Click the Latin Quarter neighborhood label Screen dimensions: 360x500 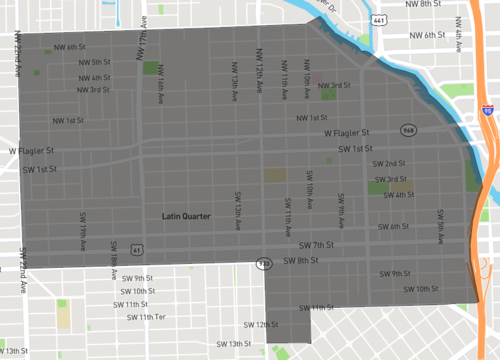pos(181,216)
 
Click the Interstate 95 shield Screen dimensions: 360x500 pos(486,112)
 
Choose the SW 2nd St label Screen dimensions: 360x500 pos(388,163)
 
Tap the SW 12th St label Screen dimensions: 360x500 pos(260,325)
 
